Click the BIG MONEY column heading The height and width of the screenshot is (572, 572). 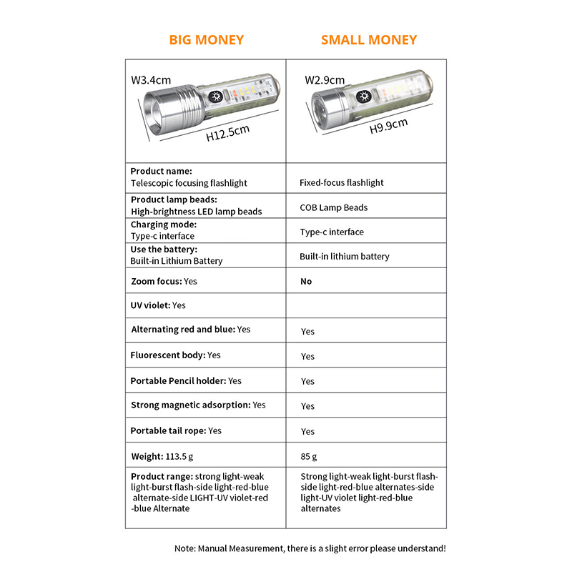pyautogui.click(x=206, y=40)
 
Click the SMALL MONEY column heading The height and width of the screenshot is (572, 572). pyautogui.click(x=368, y=40)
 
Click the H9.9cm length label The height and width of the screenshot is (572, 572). pyautogui.click(x=388, y=126)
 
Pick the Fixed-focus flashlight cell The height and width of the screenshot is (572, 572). pyautogui.click(x=341, y=182)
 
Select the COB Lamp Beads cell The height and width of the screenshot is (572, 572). pyautogui.click(x=333, y=207)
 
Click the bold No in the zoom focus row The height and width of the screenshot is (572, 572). pyautogui.click(x=306, y=282)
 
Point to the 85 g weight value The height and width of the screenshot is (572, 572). pyautogui.click(x=309, y=456)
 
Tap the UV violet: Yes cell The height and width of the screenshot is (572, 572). pyautogui.click(x=158, y=305)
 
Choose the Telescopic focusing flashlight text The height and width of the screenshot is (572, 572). pyautogui.click(x=189, y=183)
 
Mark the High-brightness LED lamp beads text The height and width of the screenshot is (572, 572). pyautogui.click(x=196, y=212)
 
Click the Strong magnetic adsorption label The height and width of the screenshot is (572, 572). pyautogui.click(x=190, y=405)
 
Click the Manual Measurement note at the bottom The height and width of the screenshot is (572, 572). pyautogui.click(x=310, y=548)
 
